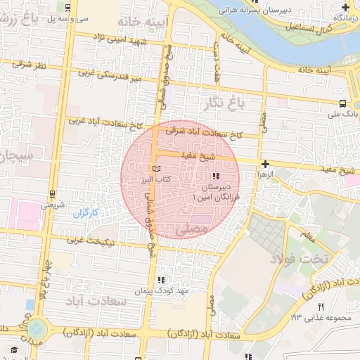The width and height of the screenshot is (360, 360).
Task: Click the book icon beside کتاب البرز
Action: [156, 169]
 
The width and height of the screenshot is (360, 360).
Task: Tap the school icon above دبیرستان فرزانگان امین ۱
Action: [216, 175]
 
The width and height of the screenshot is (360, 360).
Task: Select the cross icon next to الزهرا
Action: [264, 162]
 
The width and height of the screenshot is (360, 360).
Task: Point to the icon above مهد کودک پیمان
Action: [162, 280]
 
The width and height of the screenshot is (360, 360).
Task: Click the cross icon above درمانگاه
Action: [345, 6]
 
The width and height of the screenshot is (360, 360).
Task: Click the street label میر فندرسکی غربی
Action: [102, 72]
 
